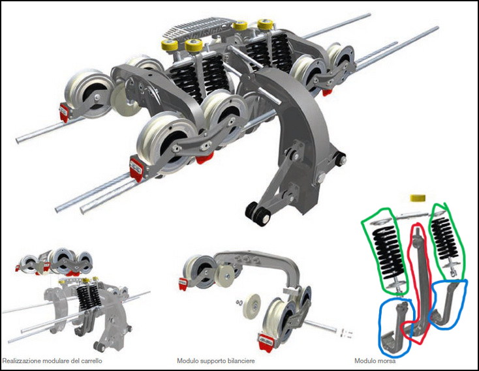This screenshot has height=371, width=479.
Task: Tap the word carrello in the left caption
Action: pos(91,361)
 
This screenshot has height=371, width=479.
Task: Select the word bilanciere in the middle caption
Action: pos(241,361)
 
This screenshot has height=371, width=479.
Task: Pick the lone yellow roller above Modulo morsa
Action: pos(418,198)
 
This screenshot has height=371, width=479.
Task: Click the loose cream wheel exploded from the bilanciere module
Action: pos(253,306)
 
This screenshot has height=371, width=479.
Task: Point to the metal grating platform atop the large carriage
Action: pos(196,30)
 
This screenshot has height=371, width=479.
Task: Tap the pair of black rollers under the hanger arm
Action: pos(258,213)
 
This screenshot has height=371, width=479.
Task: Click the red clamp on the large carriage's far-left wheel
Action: pos(63,111)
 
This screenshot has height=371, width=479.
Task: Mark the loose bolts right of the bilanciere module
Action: pos(345,333)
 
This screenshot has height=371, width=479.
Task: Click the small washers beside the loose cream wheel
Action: pos(239,303)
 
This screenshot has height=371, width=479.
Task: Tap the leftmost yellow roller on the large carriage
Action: pos(169,45)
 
